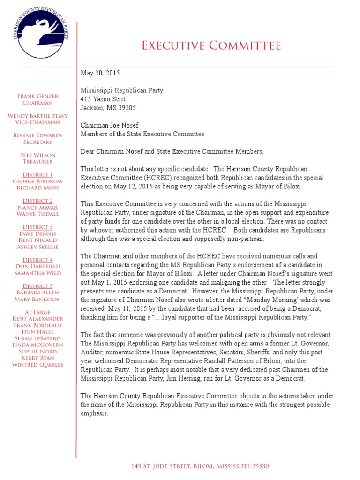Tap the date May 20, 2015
coord(100,73)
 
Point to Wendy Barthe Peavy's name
coord(37,116)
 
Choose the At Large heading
coord(37,312)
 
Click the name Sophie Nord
coord(37,352)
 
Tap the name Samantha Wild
coord(37,273)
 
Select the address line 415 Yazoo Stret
coord(103,99)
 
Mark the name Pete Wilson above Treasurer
coord(37,155)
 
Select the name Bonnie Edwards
coord(37,135)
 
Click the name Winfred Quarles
coord(37,365)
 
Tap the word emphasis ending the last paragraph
coord(94,413)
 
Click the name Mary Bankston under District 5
coord(37,299)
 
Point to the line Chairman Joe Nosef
coord(110,126)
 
